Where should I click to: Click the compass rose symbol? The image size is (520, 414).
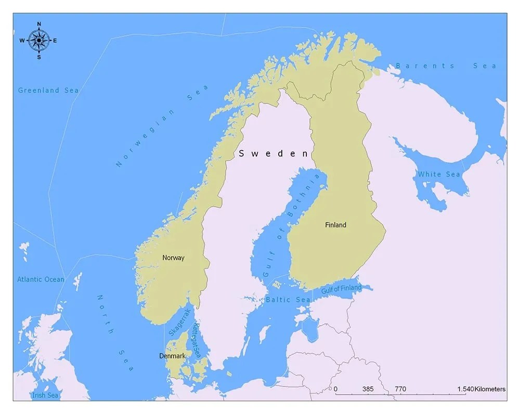point(38,40)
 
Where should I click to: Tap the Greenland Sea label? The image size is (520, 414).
point(48,90)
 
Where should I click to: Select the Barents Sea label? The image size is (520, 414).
point(446,66)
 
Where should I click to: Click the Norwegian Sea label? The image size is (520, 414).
point(162,126)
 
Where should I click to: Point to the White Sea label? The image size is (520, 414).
point(439,174)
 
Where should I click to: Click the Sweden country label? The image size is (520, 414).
point(274,153)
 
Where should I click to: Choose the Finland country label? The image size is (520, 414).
point(335,225)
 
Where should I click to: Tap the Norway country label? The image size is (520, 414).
point(173,258)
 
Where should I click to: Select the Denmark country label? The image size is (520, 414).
point(172,356)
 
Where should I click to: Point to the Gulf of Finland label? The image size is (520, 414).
point(341,289)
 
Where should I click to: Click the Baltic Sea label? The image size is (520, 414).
point(288,300)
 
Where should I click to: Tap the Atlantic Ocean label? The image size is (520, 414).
point(41,279)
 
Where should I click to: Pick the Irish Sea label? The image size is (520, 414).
point(45,395)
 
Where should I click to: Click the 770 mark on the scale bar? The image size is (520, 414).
point(400,389)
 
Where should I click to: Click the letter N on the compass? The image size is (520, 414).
point(39,24)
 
